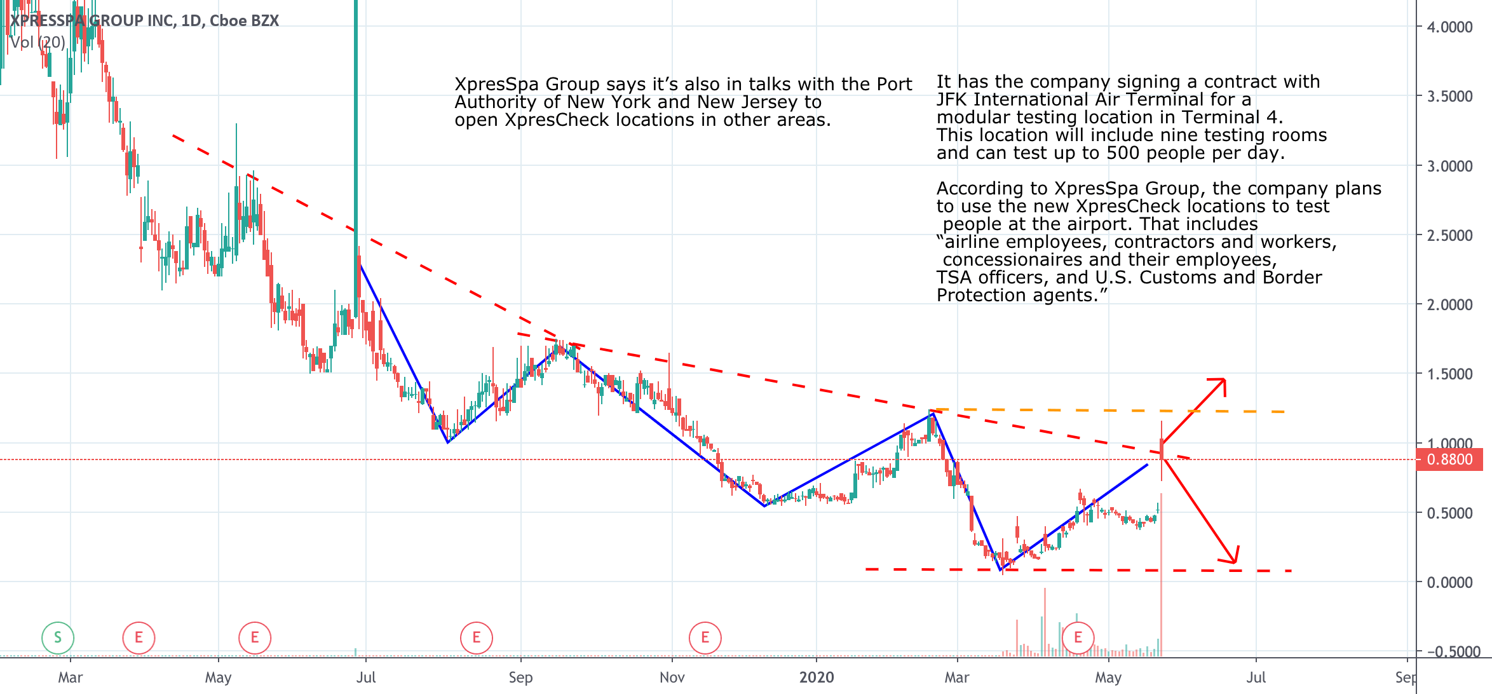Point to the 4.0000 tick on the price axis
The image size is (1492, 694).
coord(1449,27)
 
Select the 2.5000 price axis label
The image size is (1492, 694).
coord(1449,236)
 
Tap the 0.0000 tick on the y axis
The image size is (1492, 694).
coord(1449,582)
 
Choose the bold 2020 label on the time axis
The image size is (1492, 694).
coord(817,677)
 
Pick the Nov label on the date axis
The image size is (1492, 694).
coord(672,677)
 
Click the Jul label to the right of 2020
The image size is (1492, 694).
coord(1256,677)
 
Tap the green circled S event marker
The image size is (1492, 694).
coord(58,637)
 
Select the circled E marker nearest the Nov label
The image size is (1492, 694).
coord(705,637)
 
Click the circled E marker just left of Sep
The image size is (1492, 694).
coord(477,637)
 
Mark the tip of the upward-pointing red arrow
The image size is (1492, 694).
coord(1224,380)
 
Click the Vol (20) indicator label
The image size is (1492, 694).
coord(38,43)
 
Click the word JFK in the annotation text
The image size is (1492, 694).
coord(952,100)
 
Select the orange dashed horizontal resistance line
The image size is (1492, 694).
coord(1112,411)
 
